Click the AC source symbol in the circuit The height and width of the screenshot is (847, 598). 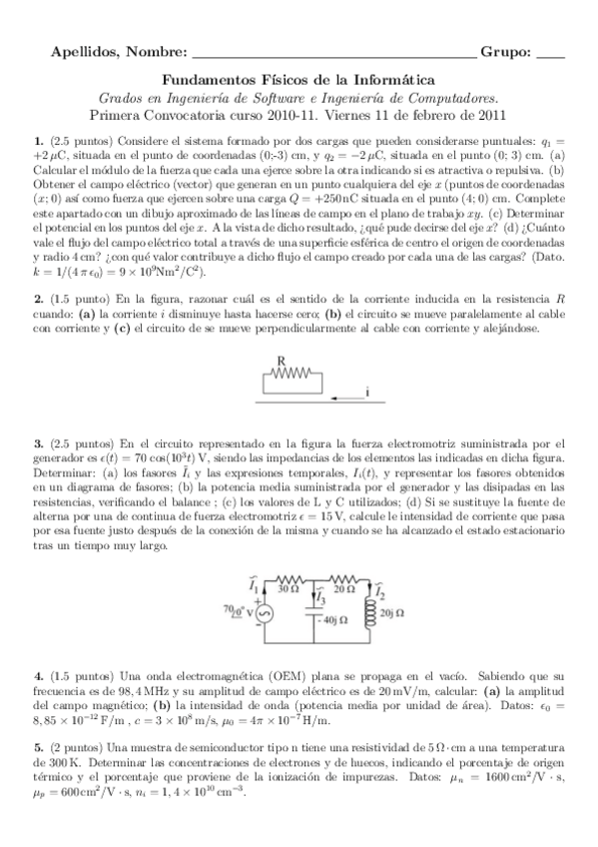pyautogui.click(x=266, y=613)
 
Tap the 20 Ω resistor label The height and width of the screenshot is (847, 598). pyautogui.click(x=345, y=589)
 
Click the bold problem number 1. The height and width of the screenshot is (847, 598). pyautogui.click(x=38, y=141)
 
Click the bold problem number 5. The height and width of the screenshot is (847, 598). pyautogui.click(x=38, y=748)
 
